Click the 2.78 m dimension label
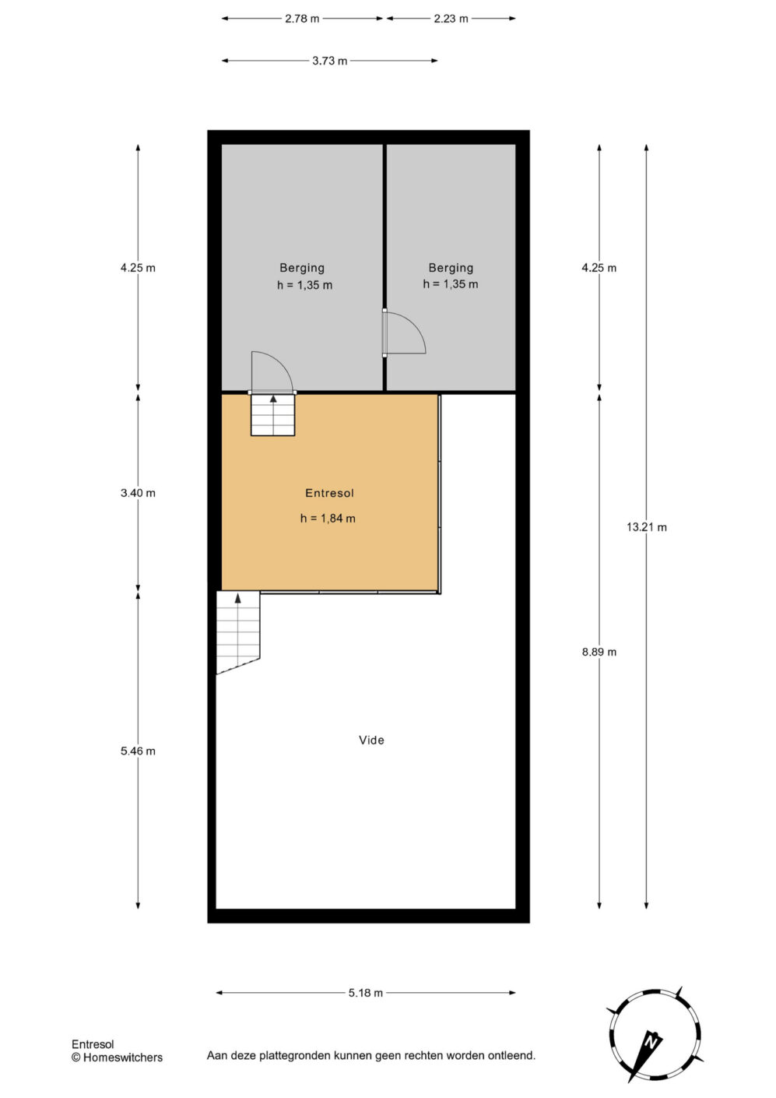(x=302, y=19)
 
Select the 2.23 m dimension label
(x=451, y=19)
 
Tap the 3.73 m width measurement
(x=330, y=61)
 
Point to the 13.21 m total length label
(x=646, y=527)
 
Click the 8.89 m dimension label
(x=599, y=652)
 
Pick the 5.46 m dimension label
(x=138, y=751)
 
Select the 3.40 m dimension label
(x=138, y=493)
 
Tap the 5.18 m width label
(x=366, y=993)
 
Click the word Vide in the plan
(x=371, y=740)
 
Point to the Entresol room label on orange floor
(x=329, y=493)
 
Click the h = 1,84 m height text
(x=328, y=518)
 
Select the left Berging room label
(x=302, y=268)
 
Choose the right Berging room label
(x=451, y=268)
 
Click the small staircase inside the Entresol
(x=273, y=415)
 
